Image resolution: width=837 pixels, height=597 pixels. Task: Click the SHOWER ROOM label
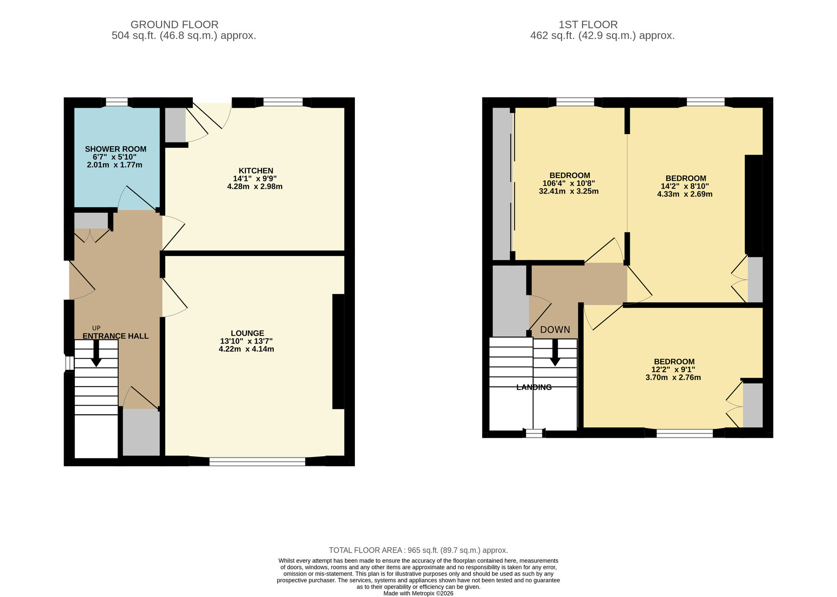(116, 149)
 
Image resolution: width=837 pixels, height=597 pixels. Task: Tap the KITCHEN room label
(256, 171)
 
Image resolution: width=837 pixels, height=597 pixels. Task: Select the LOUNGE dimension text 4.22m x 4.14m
(246, 349)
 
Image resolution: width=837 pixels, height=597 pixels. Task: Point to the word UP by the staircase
(96, 328)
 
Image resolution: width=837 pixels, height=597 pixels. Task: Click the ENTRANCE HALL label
(116, 336)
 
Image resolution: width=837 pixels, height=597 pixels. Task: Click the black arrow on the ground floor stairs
(96, 354)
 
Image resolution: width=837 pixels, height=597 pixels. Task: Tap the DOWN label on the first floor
(555, 330)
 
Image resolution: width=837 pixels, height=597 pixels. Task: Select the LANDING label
(534, 387)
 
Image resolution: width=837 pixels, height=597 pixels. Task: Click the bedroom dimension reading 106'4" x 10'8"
(569, 183)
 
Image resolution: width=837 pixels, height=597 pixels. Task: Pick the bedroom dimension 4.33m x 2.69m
(685, 194)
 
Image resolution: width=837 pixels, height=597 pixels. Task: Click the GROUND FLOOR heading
(174, 25)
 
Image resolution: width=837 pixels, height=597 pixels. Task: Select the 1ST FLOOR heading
(588, 25)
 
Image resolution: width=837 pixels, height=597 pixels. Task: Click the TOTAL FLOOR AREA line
(418, 550)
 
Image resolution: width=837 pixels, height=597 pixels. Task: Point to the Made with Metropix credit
(418, 593)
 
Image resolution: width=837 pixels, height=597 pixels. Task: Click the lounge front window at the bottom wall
(257, 461)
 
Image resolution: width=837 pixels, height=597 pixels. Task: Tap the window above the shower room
(117, 102)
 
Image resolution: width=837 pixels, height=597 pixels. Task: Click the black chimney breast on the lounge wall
(338, 351)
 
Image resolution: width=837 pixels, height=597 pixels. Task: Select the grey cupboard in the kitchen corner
(175, 124)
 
